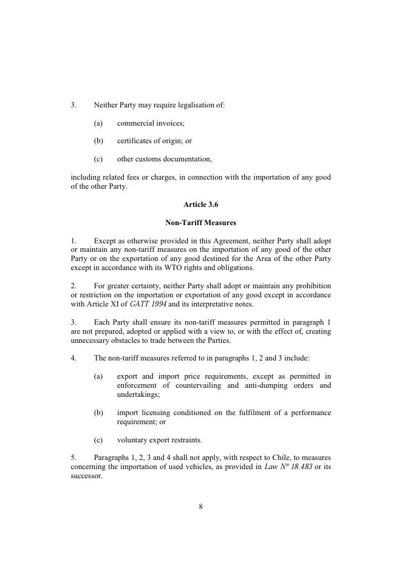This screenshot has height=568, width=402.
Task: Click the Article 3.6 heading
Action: (200, 205)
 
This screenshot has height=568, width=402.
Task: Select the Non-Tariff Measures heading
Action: (200, 223)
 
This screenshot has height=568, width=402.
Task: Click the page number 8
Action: (200, 507)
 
